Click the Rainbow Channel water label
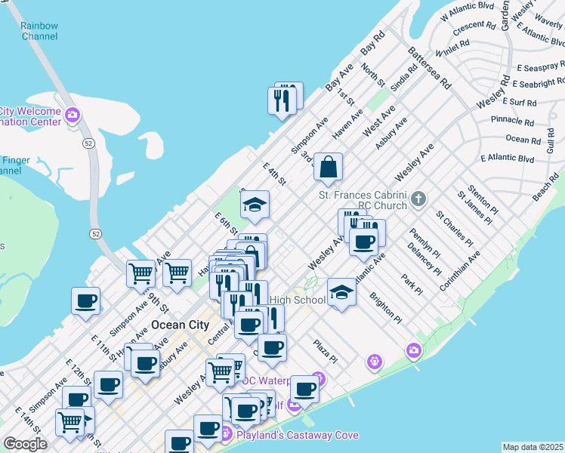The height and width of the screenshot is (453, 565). point(40,31)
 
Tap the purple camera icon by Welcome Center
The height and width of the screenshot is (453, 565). point(73,116)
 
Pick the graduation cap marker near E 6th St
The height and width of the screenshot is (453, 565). point(255,205)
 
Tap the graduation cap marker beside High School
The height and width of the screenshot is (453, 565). point(341,292)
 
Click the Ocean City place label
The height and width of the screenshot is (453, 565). point(180,325)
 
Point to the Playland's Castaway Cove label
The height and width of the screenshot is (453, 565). point(286,435)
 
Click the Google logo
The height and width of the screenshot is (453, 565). point(25,444)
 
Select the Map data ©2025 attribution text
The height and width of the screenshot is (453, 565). point(533,447)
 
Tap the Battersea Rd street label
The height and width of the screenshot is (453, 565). point(428,67)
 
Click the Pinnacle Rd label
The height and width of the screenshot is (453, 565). point(512,120)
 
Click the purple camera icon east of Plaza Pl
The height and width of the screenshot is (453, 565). point(413,350)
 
